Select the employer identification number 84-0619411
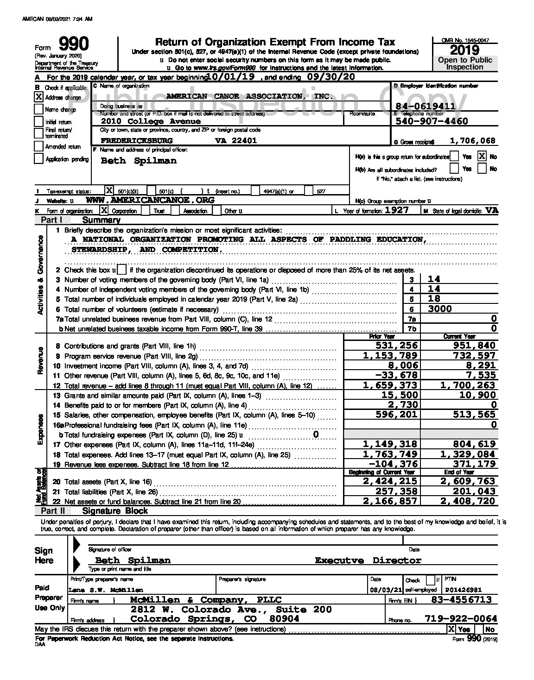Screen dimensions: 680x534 click(425, 106)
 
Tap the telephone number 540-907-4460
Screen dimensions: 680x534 click(432, 121)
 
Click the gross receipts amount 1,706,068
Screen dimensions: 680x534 click(472, 141)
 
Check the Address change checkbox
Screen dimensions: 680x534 click(39, 97)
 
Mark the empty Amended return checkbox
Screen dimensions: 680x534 click(39, 146)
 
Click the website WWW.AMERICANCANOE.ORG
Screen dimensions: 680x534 click(150, 200)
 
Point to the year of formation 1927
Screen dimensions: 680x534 click(393, 210)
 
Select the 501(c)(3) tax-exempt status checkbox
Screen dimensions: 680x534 click(109, 190)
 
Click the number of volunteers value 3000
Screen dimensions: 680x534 click(440, 309)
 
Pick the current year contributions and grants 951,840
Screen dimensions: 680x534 click(469, 346)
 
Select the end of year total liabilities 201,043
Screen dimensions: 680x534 click(469, 491)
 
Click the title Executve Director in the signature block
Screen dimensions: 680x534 click(368, 560)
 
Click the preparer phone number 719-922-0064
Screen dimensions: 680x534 click(461, 619)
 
